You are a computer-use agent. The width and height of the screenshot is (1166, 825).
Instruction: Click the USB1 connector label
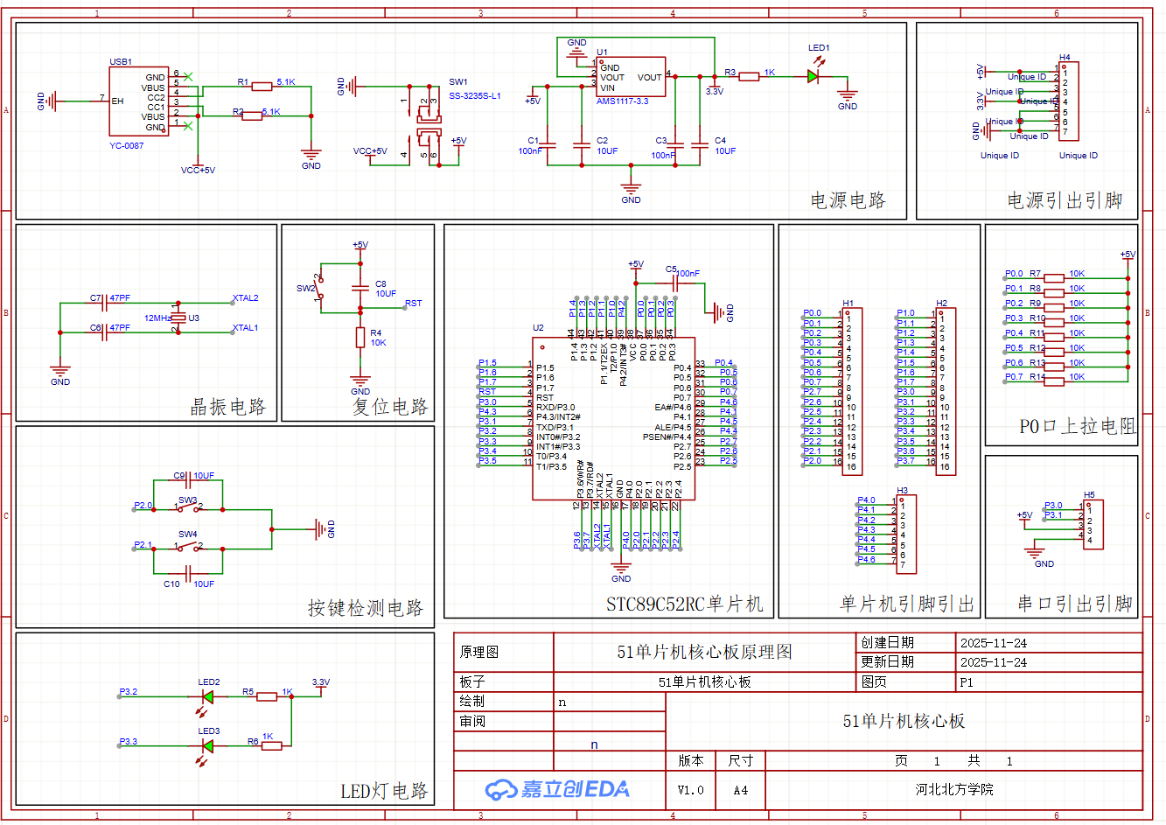(x=121, y=62)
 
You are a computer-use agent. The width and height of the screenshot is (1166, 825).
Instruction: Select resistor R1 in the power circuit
(x=262, y=86)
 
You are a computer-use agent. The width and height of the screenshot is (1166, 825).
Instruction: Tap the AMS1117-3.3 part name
(x=622, y=101)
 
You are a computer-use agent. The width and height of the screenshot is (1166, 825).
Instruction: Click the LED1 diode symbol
(x=813, y=76)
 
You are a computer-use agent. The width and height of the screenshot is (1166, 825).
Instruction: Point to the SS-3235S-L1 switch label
(x=474, y=96)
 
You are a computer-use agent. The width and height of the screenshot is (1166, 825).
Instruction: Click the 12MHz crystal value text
(x=157, y=318)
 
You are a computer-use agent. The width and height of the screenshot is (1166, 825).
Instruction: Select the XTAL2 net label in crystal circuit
(x=246, y=298)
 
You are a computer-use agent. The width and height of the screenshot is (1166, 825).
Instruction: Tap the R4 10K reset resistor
(x=360, y=338)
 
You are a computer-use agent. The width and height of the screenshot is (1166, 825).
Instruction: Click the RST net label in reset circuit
(x=413, y=304)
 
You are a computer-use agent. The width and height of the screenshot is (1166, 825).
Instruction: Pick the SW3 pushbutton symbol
(x=188, y=508)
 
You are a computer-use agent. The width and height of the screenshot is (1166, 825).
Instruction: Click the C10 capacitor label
(x=171, y=584)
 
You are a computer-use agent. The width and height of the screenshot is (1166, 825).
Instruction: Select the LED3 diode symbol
(x=208, y=745)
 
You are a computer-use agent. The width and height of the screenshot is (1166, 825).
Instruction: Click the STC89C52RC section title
(x=684, y=605)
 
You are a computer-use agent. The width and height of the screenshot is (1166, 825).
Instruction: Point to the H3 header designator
(x=902, y=491)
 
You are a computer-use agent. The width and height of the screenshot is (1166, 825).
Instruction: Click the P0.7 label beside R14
(x=1014, y=377)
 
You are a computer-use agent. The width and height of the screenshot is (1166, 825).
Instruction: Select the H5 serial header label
(x=1089, y=495)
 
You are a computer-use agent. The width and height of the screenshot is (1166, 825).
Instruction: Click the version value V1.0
(x=690, y=790)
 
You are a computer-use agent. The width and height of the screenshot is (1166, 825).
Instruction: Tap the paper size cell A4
(x=740, y=790)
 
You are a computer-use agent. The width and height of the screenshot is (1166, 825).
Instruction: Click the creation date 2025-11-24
(x=993, y=643)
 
